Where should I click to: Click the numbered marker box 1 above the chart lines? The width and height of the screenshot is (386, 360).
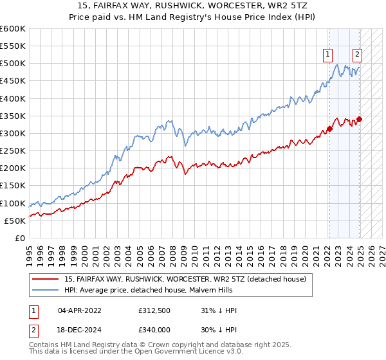pos(329,55)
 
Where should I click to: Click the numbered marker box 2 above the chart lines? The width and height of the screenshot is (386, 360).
pos(357,55)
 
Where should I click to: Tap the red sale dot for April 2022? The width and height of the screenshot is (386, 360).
pos(329,129)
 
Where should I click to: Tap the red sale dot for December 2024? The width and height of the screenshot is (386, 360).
pos(360,119)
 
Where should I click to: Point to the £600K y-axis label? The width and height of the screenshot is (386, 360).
pos(13,29)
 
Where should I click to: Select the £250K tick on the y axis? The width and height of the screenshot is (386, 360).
pos(13,150)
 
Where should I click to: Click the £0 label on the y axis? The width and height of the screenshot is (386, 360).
pos(19,238)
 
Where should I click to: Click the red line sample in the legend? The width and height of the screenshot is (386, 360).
pos(45,279)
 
